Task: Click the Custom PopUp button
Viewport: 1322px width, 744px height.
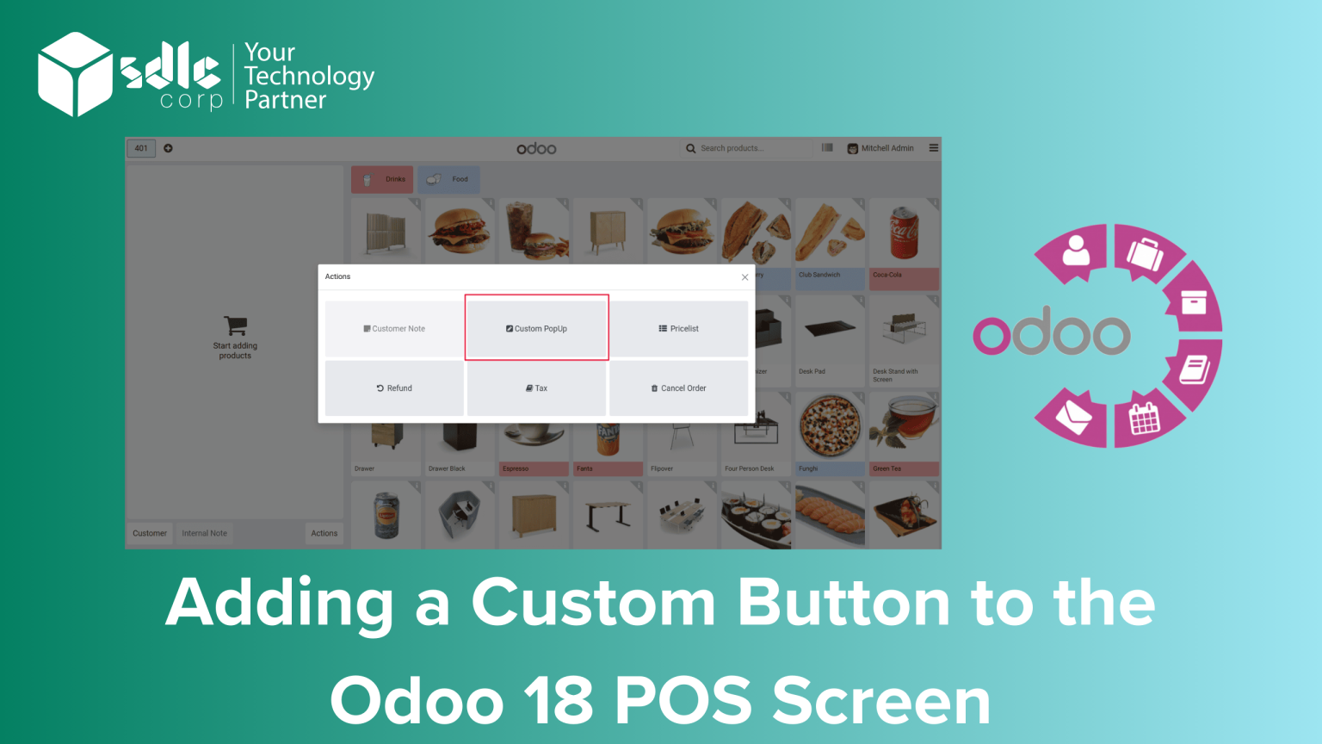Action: pos(537,328)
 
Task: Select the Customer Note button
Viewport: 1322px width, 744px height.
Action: pos(394,329)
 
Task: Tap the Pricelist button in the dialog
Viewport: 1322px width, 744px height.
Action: pos(679,329)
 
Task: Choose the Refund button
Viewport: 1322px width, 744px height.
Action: pos(394,388)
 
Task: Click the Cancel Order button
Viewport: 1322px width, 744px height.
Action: pos(679,388)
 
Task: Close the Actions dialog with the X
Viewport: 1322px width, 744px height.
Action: pos(745,277)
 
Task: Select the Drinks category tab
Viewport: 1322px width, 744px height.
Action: pos(382,179)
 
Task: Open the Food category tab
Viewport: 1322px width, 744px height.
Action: pos(448,179)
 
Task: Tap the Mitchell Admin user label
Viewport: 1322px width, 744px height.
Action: pos(886,148)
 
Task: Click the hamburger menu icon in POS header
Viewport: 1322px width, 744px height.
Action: pos(934,148)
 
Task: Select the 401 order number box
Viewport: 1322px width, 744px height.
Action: pos(141,148)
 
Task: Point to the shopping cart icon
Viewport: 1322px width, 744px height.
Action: pos(235,325)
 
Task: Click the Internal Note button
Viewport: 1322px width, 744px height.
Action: pos(205,533)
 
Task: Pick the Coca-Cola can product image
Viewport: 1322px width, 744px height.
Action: pos(904,232)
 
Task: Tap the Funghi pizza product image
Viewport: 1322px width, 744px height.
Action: pos(830,426)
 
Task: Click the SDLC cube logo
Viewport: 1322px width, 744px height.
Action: pos(75,74)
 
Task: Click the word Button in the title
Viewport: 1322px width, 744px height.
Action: pos(843,603)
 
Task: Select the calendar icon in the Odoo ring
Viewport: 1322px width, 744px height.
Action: pos(1144,419)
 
